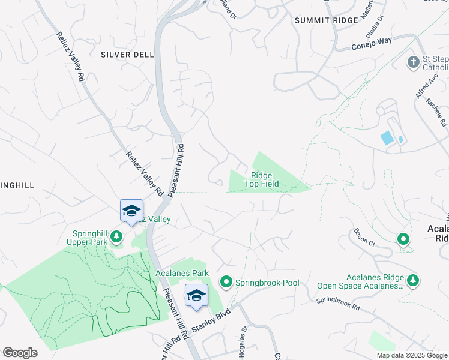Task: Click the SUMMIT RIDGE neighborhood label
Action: tap(326, 20)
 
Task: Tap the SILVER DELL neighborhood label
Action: tap(127, 54)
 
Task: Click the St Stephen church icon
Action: tap(413, 62)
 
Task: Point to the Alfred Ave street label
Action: tap(423, 87)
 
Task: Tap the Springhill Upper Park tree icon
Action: tap(116, 236)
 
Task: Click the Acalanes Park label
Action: tap(181, 273)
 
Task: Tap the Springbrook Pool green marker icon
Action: tap(226, 281)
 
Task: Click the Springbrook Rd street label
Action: tap(338, 302)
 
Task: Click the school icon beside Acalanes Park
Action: tap(196, 296)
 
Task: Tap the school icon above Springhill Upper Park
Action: tap(131, 211)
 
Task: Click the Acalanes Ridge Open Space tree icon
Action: tap(412, 280)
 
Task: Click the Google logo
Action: tap(20, 353)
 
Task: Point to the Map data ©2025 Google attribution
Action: tap(411, 355)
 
